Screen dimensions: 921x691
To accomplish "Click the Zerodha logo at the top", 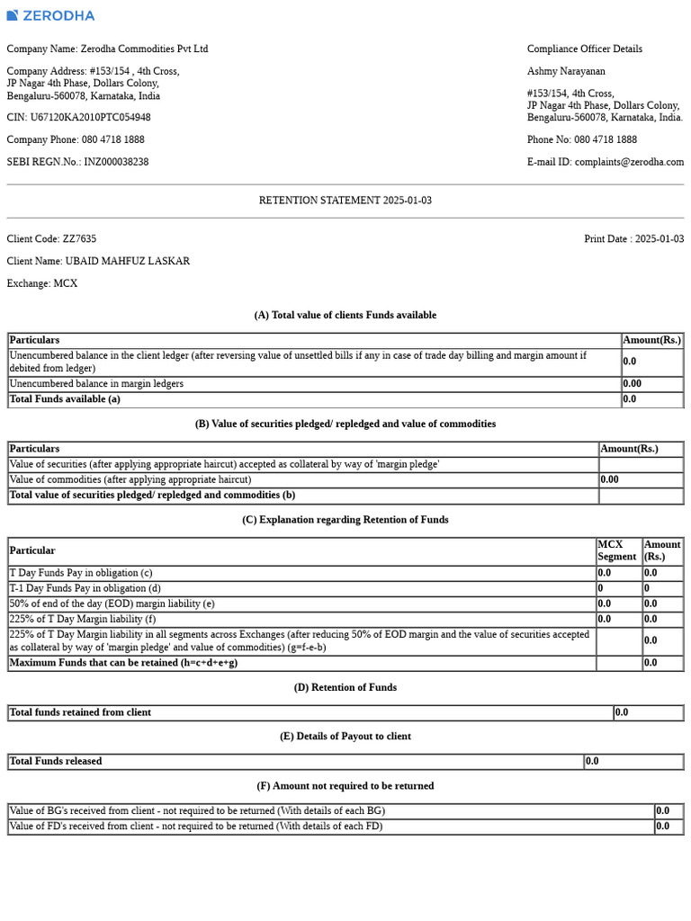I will point(50,15).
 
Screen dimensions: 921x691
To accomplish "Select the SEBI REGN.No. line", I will point(77,162).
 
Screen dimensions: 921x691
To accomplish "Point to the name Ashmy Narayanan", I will point(566,71).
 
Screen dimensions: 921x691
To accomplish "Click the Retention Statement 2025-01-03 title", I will point(345,201).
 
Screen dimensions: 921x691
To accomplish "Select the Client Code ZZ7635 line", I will point(51,239).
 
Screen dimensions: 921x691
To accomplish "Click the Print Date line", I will point(633,239).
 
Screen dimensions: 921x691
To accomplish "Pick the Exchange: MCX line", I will point(42,283).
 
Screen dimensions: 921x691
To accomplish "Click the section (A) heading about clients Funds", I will point(345,315).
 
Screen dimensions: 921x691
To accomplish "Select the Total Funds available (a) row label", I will point(65,399).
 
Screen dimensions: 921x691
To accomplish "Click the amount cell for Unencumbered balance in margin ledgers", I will point(651,384).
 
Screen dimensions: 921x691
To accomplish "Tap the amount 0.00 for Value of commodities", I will point(641,480).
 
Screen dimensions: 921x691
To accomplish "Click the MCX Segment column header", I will point(617,550).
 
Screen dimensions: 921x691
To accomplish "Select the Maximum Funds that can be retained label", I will point(123,663).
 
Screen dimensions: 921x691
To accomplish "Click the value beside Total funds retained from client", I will point(648,712).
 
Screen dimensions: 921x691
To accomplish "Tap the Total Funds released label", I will point(56,761).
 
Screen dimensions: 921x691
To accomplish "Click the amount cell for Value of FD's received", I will point(668,826).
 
